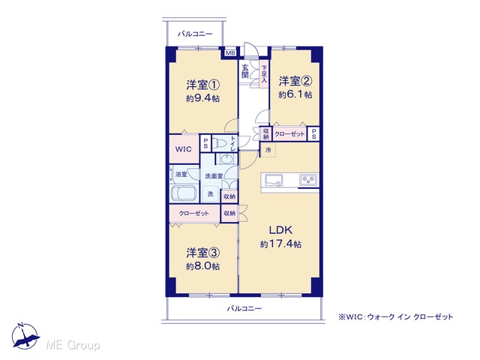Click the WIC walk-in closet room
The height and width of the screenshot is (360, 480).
pos(184,149)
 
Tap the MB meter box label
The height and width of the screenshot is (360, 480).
pos(230,53)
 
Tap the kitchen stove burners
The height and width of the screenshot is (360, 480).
pos(308,179)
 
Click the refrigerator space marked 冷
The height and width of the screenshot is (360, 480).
pos(268,150)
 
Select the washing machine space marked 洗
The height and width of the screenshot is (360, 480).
pos(211,194)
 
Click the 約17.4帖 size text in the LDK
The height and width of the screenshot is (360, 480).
pos(280,244)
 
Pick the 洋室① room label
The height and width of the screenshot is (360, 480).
pos(203,85)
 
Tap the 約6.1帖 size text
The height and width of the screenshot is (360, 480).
pos(295,94)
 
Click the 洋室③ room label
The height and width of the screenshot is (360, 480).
pos(203,253)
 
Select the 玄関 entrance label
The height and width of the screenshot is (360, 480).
pos(245,71)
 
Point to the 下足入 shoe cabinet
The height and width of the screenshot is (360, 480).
pos(264,73)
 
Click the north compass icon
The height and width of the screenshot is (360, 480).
pos(25,337)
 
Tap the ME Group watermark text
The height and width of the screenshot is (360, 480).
pos(73,345)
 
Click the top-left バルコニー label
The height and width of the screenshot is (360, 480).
pos(195,34)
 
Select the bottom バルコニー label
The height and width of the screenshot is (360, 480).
pos(244,308)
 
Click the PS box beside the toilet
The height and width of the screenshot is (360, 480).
pos(205,143)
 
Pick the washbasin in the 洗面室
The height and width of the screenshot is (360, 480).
pos(226,158)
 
